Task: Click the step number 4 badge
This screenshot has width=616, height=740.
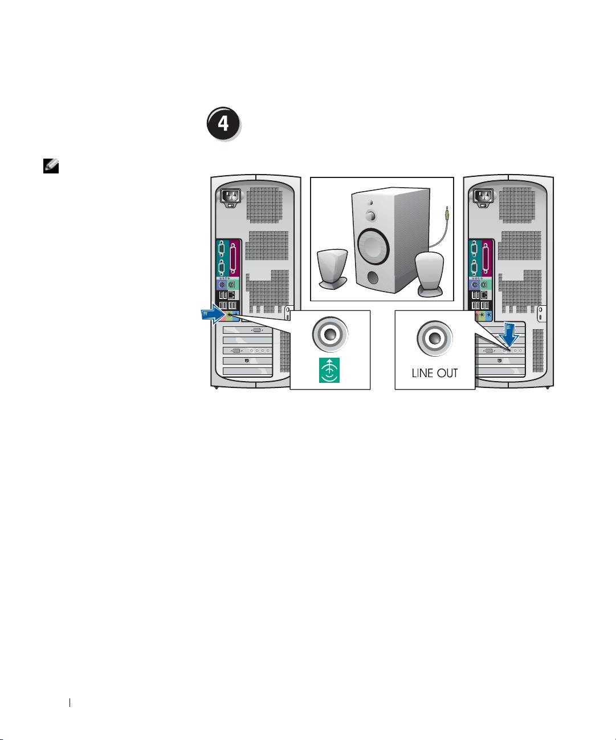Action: click(x=223, y=123)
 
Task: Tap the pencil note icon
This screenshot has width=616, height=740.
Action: click(x=50, y=165)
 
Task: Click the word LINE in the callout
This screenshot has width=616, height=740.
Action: click(x=423, y=374)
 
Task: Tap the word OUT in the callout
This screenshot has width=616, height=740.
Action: click(x=447, y=374)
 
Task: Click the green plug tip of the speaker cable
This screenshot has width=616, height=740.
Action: click(x=447, y=213)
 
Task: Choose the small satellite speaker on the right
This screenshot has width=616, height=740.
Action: click(x=429, y=274)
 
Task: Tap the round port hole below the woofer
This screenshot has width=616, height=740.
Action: click(x=373, y=277)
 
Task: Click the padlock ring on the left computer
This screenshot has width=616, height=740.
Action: click(x=288, y=313)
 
